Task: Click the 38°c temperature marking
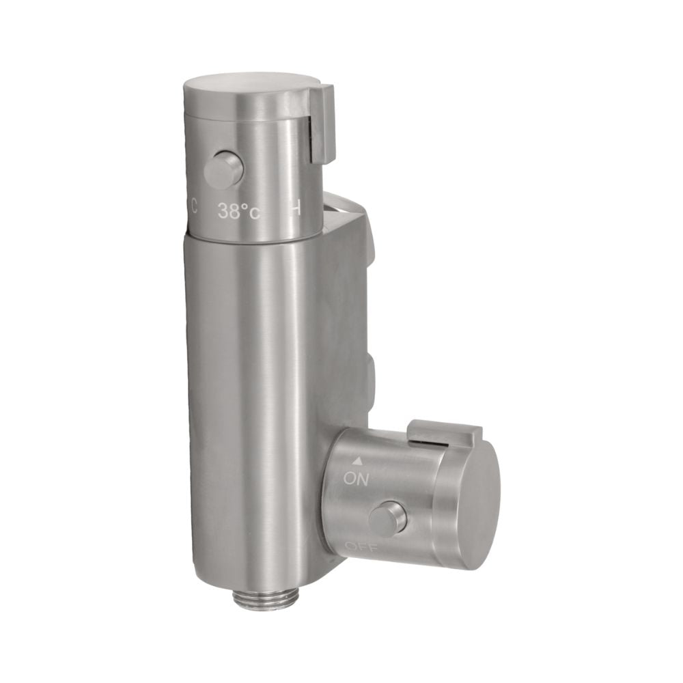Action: coord(239,212)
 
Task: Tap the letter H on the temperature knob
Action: coord(295,210)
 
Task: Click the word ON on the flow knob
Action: coord(356,479)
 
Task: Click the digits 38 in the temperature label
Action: coord(228,212)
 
